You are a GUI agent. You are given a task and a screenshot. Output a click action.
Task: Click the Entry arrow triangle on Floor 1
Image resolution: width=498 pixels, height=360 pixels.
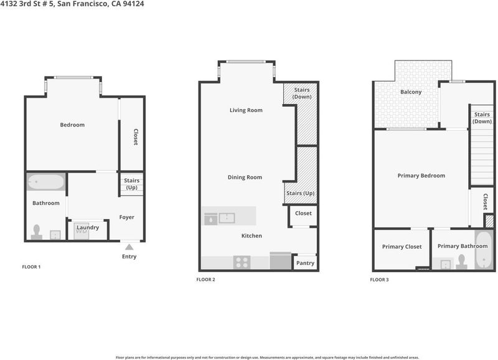[129, 247]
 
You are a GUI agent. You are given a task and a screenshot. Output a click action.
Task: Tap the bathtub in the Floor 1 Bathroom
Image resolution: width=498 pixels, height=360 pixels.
[46, 182]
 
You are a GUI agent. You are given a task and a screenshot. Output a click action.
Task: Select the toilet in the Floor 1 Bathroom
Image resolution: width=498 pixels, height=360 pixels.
[37, 232]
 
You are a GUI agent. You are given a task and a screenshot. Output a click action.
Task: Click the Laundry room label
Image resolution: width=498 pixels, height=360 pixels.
[88, 227]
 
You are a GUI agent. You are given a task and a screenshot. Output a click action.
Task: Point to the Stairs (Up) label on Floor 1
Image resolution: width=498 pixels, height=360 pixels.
[131, 184]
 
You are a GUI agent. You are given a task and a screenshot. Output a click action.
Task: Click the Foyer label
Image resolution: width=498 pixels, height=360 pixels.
[127, 217]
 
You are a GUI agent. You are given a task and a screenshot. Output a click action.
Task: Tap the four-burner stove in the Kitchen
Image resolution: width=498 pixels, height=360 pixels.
[242, 262]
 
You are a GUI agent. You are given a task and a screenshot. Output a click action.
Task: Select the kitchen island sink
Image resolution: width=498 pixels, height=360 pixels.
[227, 218]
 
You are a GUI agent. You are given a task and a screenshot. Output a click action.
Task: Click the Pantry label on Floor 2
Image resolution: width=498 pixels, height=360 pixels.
[305, 263]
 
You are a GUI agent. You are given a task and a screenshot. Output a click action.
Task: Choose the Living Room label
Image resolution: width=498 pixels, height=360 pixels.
[246, 110]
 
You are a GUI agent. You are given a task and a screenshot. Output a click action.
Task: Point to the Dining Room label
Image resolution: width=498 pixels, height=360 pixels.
[245, 178]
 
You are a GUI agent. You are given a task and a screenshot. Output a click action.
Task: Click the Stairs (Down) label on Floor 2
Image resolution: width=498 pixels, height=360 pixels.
[302, 93]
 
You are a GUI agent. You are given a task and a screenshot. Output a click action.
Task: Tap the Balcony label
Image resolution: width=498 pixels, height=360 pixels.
[411, 92]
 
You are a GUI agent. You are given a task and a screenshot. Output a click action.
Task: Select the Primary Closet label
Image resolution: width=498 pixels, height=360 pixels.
[402, 247]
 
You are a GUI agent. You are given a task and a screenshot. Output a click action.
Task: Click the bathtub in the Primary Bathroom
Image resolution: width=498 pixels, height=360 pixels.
[484, 250]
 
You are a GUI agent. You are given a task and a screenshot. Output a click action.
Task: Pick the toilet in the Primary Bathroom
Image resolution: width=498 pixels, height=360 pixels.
[461, 262]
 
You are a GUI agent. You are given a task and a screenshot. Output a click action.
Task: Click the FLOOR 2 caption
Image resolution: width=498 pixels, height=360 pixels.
[205, 280]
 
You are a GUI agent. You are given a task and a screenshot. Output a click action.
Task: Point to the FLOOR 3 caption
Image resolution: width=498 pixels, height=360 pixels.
[379, 280]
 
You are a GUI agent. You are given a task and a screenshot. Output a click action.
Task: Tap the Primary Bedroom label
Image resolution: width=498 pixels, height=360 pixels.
[421, 176]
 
